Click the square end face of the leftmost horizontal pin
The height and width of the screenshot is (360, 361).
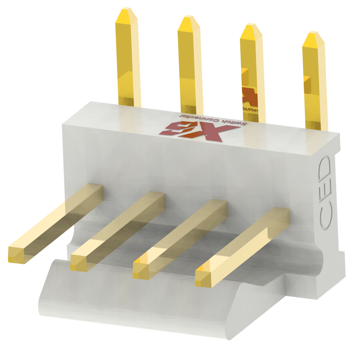click(x=16, y=255)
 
